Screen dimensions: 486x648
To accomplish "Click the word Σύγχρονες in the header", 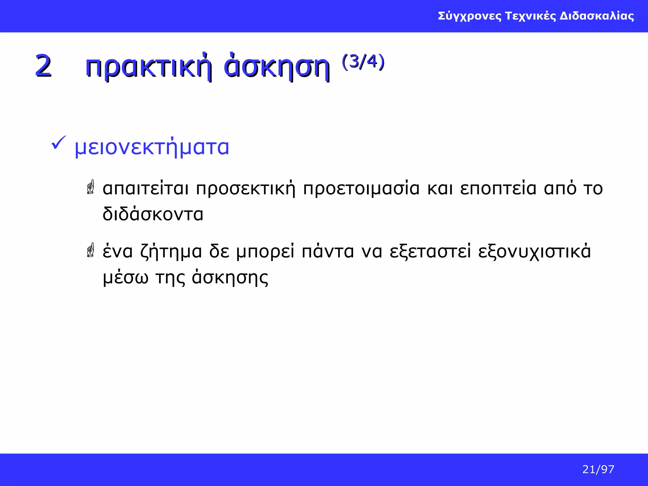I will click(x=470, y=16).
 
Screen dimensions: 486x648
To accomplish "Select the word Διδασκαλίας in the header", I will click(x=597, y=16).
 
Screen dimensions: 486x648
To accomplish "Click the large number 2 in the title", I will click(x=43, y=66).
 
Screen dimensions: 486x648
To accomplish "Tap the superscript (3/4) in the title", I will click(x=363, y=61).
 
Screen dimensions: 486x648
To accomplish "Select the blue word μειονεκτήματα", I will click(x=152, y=147).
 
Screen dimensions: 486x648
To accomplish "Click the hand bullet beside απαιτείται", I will click(x=91, y=187).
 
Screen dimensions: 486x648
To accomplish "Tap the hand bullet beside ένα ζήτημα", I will click(x=91, y=250).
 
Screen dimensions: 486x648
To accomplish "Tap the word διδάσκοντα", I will click(x=153, y=214).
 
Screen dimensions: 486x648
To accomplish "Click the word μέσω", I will click(x=125, y=278).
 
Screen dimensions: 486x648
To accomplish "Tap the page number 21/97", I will click(x=598, y=470).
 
